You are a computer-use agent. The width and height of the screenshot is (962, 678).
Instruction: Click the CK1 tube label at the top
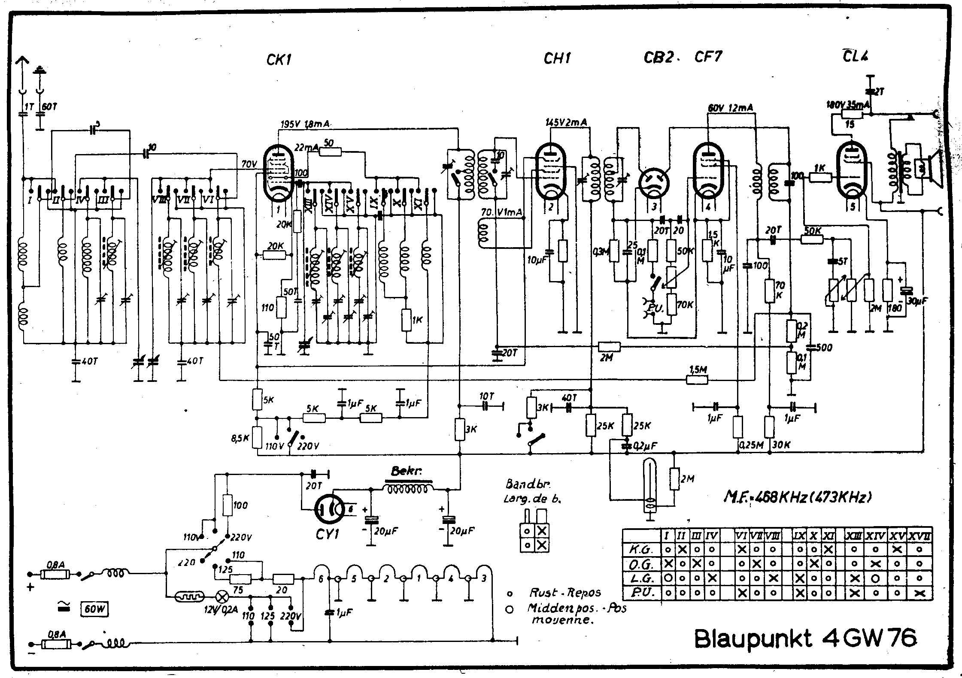(x=279, y=60)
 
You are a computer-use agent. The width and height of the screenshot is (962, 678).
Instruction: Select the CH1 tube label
(x=557, y=58)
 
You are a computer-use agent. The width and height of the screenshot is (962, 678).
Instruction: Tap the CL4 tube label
(x=855, y=56)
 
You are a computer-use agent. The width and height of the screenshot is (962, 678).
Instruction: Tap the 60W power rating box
(x=94, y=609)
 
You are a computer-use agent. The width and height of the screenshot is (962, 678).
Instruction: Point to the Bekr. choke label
(x=406, y=471)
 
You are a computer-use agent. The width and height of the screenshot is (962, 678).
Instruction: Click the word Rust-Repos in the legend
(x=565, y=593)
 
